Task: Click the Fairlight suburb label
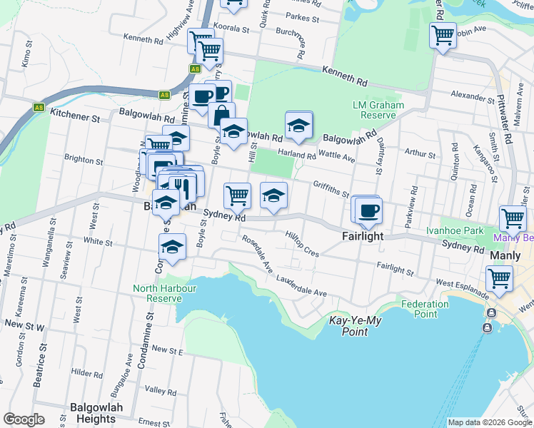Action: coord(362,236)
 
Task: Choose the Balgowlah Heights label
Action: coord(96,412)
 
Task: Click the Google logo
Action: coord(24,419)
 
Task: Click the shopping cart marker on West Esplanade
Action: coord(499,277)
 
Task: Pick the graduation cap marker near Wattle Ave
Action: coord(298,126)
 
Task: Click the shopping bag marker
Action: coord(222,114)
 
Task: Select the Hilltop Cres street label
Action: coord(302,243)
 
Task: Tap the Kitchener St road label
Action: coord(75,114)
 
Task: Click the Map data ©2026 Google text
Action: coord(489,422)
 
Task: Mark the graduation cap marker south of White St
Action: coord(172,248)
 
